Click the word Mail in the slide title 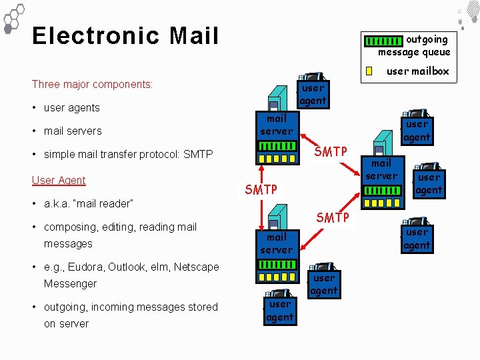point(194,36)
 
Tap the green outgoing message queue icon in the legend point(384,41)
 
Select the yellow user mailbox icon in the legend point(369,71)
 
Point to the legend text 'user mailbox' point(418,71)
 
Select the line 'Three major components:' point(92,85)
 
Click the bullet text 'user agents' point(71,108)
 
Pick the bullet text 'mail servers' point(73,131)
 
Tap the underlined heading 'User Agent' point(59,181)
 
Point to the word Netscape point(196,267)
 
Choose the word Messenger point(70,284)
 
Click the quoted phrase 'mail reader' point(103,204)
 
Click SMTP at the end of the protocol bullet point(198,155)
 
